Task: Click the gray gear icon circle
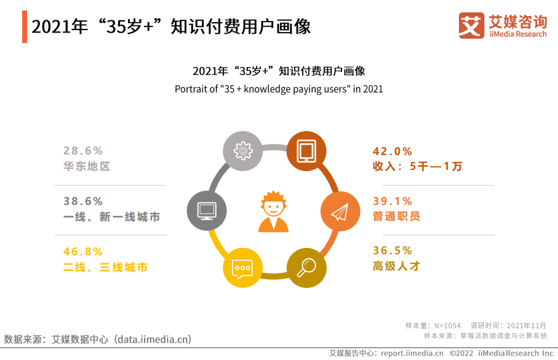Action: pos(242,151)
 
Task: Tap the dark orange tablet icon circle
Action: pos(306,151)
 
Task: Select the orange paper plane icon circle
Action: pos(340,211)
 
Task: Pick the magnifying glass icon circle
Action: pos(306,268)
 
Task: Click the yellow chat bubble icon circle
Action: pos(242,268)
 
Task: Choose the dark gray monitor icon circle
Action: pos(207,210)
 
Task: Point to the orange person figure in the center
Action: pos(273,212)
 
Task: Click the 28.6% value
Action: pos(83,151)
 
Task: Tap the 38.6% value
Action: pos(83,201)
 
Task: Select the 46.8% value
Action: pos(83,252)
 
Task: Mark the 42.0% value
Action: pos(392,151)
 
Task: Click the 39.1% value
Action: pos(392,201)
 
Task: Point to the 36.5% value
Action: pos(392,250)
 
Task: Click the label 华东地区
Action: pos(87,166)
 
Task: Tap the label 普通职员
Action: pos(396,216)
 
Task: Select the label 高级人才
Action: pos(396,266)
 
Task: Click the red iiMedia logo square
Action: pos(471,25)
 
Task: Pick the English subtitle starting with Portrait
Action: pos(279,89)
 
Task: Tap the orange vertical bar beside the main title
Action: pos(25,26)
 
